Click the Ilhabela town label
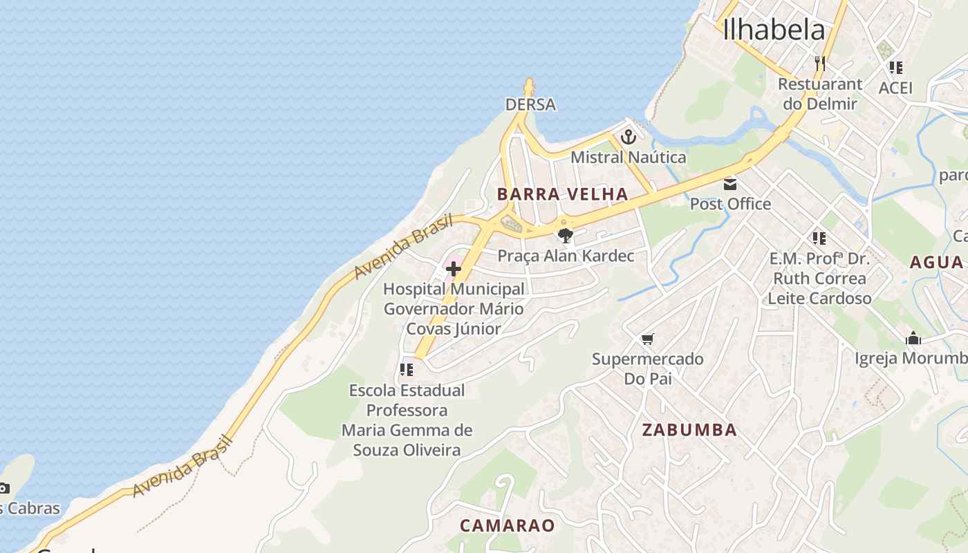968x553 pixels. coord(774,30)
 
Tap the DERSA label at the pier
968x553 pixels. coord(530,104)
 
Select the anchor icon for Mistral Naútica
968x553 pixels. coord(628,136)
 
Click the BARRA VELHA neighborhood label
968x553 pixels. coord(562,194)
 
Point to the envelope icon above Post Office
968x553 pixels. coord(730,185)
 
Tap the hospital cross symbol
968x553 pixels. coord(454,268)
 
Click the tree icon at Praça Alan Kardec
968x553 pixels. coord(565,235)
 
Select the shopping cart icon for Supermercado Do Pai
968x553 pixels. coord(647,339)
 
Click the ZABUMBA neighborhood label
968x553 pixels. coord(689,430)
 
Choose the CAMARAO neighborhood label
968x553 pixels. coord(508,525)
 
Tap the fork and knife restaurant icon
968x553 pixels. coord(820,64)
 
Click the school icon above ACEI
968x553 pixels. coord(895,68)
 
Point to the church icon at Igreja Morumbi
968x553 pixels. coord(913,339)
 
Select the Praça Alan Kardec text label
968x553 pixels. coord(566,256)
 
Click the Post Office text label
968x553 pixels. coord(730,204)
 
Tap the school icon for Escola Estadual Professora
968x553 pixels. coord(407,370)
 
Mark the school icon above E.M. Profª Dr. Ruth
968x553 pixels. coord(819,238)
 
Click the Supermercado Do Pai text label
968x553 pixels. coord(647,368)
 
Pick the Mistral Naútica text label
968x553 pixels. coord(628,158)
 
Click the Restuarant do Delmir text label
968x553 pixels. coord(820,94)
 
